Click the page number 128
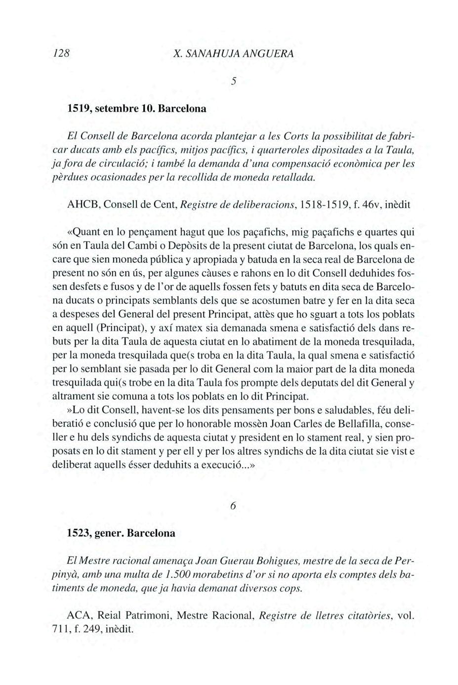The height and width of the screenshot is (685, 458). (63, 53)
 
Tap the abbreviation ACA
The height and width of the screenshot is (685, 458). (78, 616)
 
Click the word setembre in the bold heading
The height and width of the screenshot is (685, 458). (115, 108)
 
